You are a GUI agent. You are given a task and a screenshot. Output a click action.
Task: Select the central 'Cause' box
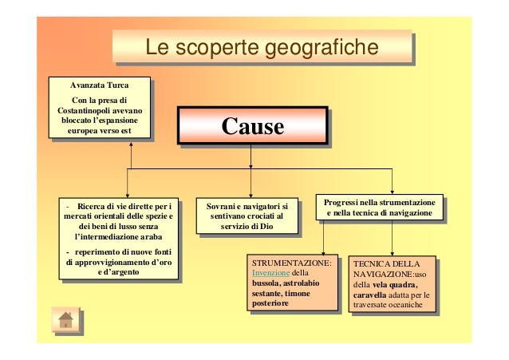[x=252, y=127]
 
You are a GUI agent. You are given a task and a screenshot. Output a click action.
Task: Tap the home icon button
[x=65, y=319]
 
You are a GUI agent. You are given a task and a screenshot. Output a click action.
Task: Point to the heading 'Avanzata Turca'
[x=99, y=85]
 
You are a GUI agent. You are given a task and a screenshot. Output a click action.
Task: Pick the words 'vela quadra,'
[x=389, y=283]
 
